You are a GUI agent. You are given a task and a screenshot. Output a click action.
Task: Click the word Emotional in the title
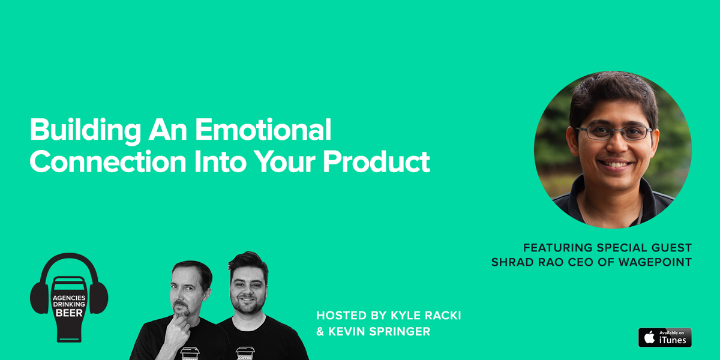pyautogui.click(x=263, y=130)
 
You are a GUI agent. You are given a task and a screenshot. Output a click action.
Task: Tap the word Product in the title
pyautogui.click(x=376, y=161)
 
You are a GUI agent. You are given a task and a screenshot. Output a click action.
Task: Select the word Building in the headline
pyautogui.click(x=85, y=131)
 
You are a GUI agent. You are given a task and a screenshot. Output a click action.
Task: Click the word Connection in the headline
pyautogui.click(x=108, y=161)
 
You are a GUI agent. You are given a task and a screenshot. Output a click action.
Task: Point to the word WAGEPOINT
pyautogui.click(x=655, y=262)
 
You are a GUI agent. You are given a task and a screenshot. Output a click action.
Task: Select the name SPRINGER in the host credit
pyautogui.click(x=400, y=331)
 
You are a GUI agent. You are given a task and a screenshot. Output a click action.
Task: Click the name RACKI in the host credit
pyautogui.click(x=443, y=316)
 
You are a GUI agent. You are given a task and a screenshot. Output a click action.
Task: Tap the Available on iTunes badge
pyautogui.click(x=665, y=337)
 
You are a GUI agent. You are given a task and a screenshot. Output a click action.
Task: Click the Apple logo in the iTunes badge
pyautogui.click(x=649, y=337)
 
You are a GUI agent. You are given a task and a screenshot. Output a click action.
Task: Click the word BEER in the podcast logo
pyautogui.click(x=69, y=313)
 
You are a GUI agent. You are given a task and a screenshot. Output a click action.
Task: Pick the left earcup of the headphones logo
pyautogui.click(x=40, y=298)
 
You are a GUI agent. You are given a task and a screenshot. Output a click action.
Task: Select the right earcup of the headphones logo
pyautogui.click(x=98, y=298)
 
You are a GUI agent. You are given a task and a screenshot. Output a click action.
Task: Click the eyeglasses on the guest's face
pyautogui.click(x=613, y=133)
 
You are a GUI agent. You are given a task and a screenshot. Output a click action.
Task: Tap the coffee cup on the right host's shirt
pyautogui.click(x=245, y=353)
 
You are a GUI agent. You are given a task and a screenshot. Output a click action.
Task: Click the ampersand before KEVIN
pyautogui.click(x=320, y=332)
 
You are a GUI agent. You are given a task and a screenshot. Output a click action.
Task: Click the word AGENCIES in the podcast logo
pyautogui.click(x=69, y=298)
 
